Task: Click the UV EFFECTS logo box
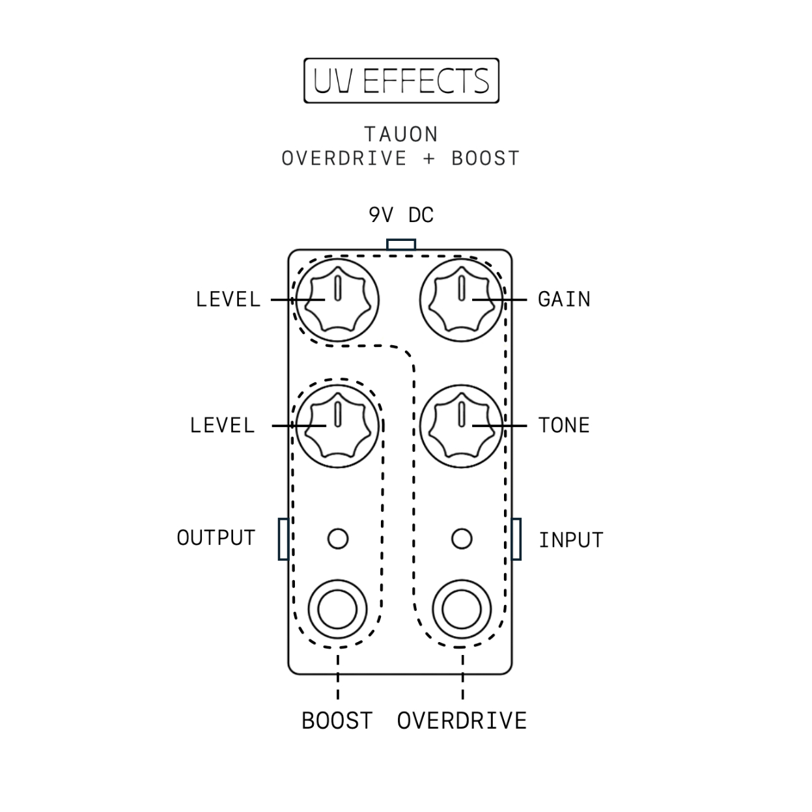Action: coord(401,81)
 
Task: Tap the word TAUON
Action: coord(401,134)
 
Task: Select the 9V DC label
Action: coord(401,215)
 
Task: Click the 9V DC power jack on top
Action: coord(401,245)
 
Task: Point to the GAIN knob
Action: coord(462,300)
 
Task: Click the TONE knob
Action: coord(462,426)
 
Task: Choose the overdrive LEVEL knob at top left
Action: coord(337,300)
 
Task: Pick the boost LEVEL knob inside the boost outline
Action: coord(337,426)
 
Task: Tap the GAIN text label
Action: coord(564,300)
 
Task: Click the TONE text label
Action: coord(564,425)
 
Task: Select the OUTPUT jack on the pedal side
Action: coord(283,539)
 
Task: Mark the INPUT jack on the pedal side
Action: coord(516,539)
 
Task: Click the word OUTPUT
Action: coord(216,538)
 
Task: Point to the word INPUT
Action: coord(571,540)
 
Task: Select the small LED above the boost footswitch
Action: coord(338,539)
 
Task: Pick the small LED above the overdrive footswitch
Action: coord(462,539)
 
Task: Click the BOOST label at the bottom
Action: coord(337,721)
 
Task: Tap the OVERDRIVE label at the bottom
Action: coord(462,721)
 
